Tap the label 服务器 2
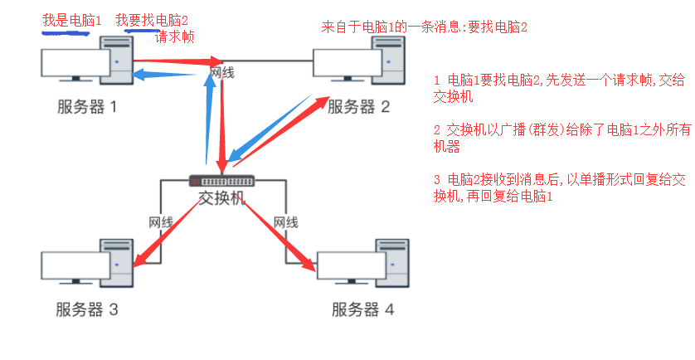(358, 106)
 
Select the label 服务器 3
(87, 310)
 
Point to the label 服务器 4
(363, 310)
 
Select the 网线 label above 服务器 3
(160, 221)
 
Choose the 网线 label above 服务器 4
(285, 221)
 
